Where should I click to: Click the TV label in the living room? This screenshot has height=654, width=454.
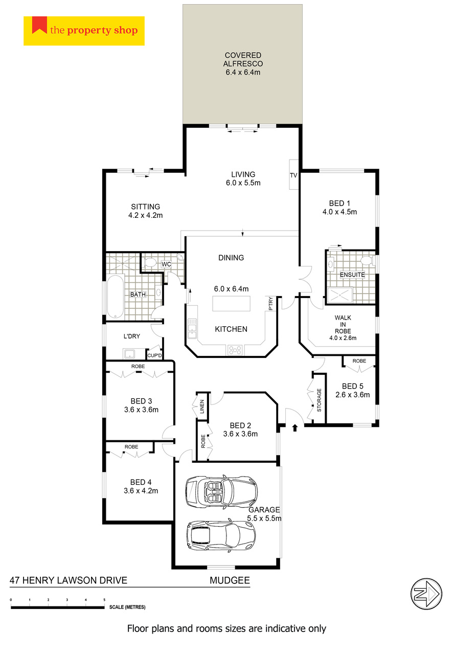point(293,175)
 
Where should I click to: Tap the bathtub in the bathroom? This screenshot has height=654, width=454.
point(116,297)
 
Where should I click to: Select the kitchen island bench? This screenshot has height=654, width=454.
point(231,304)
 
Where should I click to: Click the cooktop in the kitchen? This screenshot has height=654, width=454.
point(235,350)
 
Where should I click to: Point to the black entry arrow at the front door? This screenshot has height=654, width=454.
point(295,427)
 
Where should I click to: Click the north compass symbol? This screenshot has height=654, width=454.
point(426,594)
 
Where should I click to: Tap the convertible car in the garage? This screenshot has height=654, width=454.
point(221,491)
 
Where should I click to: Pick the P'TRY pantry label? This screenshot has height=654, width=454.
point(270,304)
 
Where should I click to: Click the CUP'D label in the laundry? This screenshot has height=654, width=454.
point(154,355)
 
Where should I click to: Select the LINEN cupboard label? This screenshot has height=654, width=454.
point(202,407)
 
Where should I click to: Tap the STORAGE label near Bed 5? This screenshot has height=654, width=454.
point(319,400)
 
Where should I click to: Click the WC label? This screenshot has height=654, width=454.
point(166,264)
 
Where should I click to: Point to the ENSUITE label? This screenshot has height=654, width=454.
point(352,275)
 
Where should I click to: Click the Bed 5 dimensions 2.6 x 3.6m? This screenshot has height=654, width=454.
point(352,395)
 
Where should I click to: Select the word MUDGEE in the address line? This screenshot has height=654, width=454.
point(230,580)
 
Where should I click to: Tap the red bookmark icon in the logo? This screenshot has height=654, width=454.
point(39,25)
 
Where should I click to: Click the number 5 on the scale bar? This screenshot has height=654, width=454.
point(104,600)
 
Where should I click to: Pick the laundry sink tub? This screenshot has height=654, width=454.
point(129,354)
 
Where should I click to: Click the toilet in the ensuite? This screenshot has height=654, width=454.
point(367,260)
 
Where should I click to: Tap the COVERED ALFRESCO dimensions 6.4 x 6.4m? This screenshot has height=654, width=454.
point(243,72)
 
